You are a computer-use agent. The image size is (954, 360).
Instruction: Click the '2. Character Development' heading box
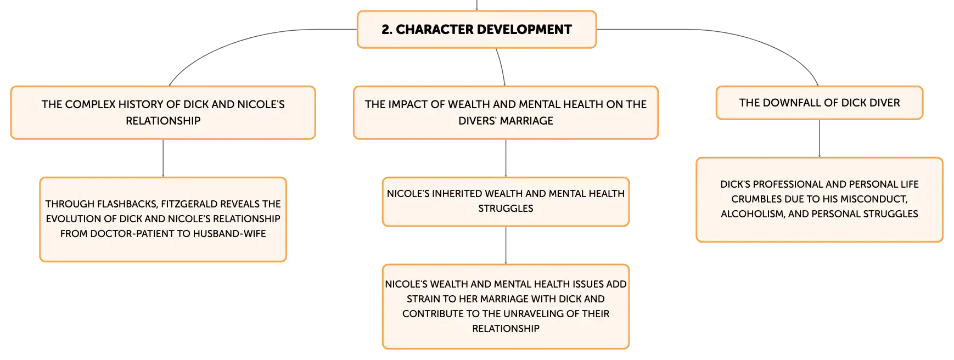click(476, 30)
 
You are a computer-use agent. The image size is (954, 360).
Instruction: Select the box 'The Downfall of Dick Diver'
click(820, 103)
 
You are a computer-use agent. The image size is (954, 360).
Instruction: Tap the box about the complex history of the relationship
click(163, 113)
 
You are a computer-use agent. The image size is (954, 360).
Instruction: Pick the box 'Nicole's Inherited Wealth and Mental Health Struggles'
click(506, 201)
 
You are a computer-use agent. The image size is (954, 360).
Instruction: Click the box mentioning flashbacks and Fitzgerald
click(163, 219)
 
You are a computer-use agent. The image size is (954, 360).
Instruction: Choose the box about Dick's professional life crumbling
click(820, 200)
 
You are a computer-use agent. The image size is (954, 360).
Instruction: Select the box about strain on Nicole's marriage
click(506, 306)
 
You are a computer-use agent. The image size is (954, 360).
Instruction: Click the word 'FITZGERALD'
click(187, 204)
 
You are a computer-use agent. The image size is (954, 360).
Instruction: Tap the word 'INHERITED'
click(457, 194)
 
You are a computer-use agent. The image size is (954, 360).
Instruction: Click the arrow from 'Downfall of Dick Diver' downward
click(820, 138)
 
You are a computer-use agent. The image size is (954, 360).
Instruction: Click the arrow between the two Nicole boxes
click(506, 245)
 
